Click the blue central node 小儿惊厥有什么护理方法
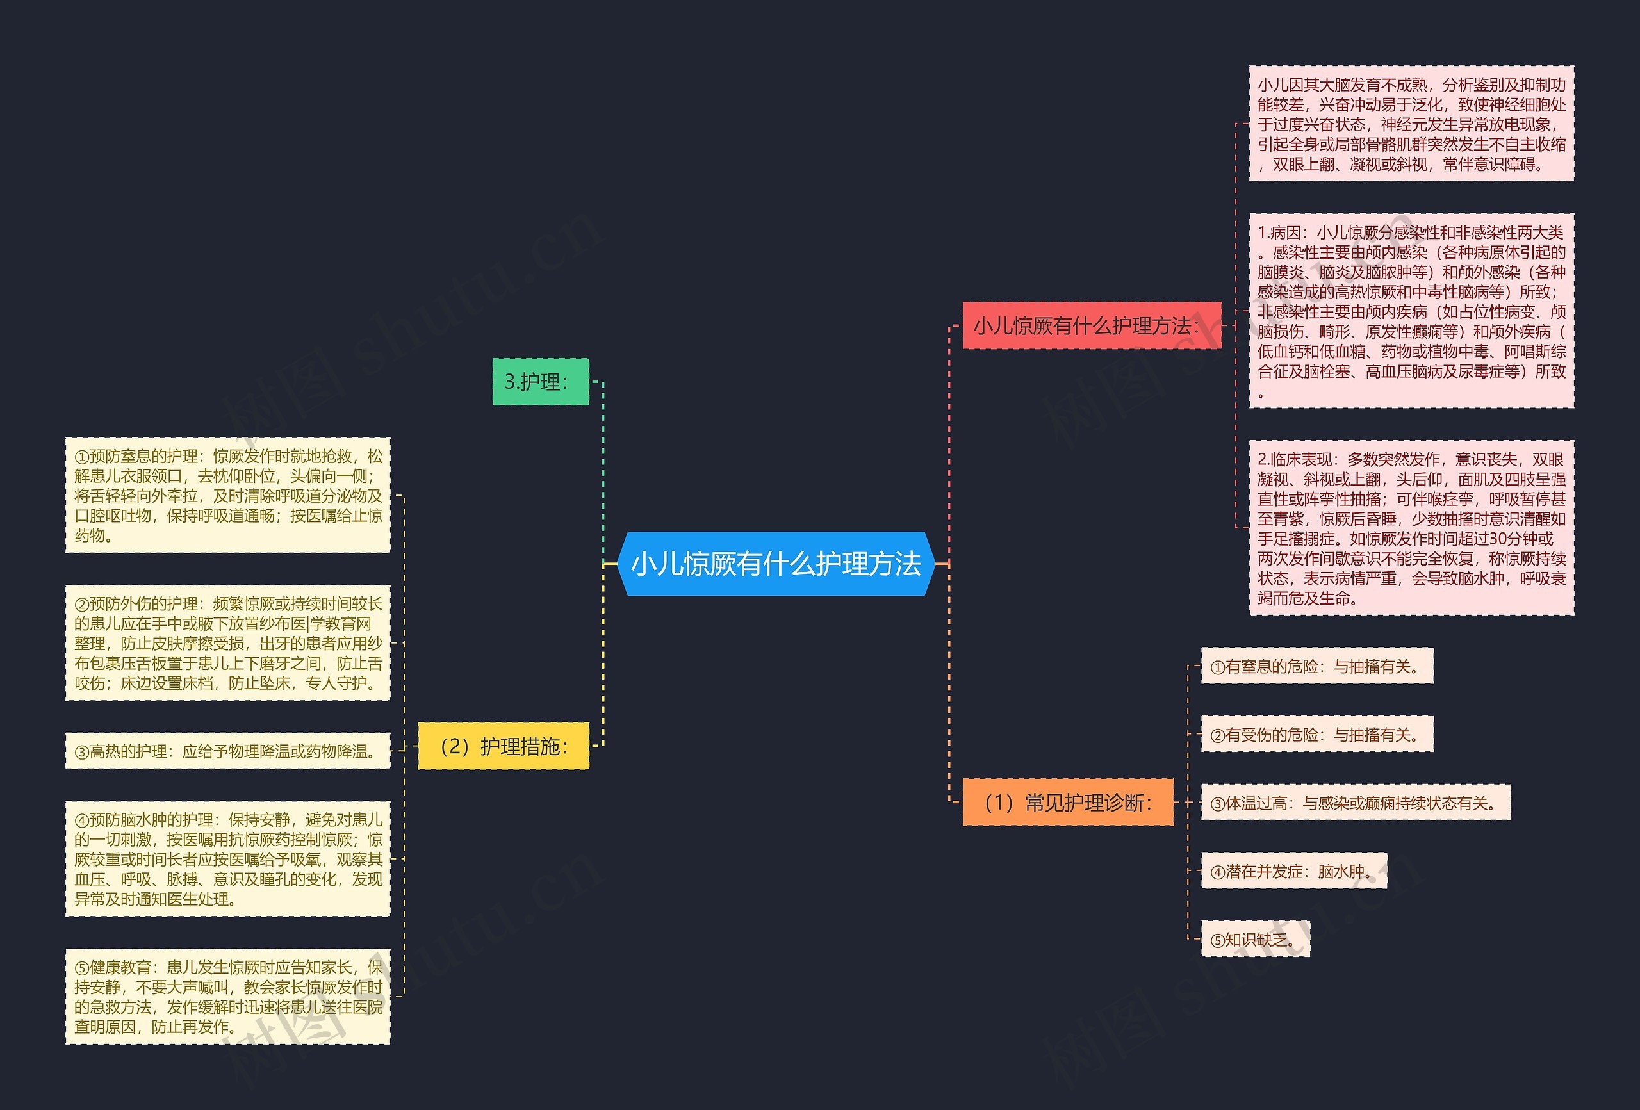click(776, 564)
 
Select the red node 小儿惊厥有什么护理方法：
click(1092, 325)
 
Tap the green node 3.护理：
click(541, 382)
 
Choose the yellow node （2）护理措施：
click(503, 746)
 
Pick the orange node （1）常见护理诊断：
click(1068, 803)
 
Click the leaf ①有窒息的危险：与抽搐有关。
click(1316, 665)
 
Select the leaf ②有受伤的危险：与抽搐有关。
click(1316, 734)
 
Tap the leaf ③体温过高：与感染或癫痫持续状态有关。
click(1356, 803)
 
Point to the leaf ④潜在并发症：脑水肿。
click(1293, 871)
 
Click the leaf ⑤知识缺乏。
click(1256, 939)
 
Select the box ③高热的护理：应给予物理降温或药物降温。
click(228, 751)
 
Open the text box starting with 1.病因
click(1411, 311)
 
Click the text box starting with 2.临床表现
click(1411, 528)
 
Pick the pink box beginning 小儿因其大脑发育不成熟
click(1411, 124)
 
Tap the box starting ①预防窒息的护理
click(228, 494)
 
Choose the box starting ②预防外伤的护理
click(228, 643)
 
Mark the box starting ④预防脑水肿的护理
click(228, 859)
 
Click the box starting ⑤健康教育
click(228, 997)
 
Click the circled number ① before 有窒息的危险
click(1217, 667)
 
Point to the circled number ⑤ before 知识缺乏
click(1217, 940)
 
